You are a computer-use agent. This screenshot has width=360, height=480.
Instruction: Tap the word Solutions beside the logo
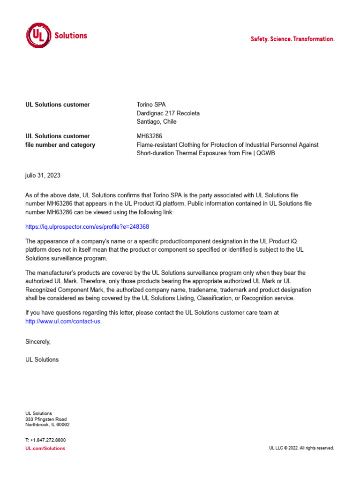tap(71, 36)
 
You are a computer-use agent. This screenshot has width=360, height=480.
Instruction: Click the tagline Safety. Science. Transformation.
tap(292, 39)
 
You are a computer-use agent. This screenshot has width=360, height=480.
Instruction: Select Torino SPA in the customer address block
tap(151, 105)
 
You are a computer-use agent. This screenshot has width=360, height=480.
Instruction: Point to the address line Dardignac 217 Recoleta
tap(168, 113)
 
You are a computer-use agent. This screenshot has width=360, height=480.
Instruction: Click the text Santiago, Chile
tap(157, 122)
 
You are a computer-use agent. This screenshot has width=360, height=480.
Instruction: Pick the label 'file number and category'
tap(60, 145)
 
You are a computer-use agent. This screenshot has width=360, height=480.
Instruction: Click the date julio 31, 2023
tap(43, 175)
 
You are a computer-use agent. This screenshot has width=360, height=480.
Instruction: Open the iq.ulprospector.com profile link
tap(87, 226)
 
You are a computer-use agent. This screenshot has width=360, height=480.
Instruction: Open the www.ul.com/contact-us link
tap(63, 321)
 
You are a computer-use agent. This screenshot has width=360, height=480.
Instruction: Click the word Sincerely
tap(37, 342)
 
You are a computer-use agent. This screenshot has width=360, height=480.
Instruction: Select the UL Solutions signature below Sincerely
tap(42, 360)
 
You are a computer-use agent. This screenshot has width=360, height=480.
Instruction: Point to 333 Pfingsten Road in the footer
tap(46, 419)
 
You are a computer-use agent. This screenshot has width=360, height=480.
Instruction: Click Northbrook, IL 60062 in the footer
tap(47, 425)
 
